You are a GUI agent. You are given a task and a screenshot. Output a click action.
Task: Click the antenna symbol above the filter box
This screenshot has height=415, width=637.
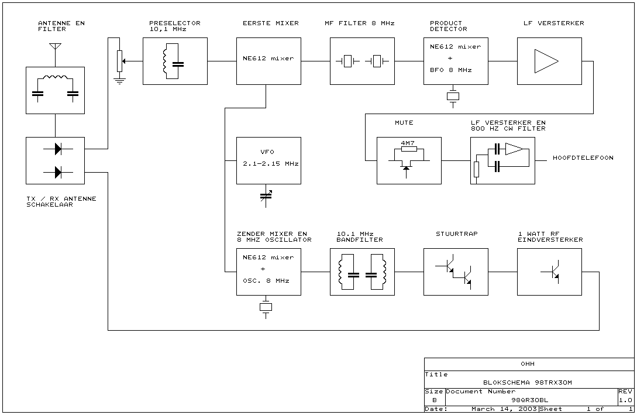(x=55, y=46)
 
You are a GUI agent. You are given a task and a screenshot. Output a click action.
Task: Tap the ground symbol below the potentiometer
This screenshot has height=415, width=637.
(x=119, y=80)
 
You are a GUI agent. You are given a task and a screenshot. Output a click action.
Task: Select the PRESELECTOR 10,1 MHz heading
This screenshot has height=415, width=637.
(x=174, y=26)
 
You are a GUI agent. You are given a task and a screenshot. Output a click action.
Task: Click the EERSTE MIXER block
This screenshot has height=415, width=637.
(x=268, y=61)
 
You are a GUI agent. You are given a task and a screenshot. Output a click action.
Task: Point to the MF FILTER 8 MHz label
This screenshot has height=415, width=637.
(x=359, y=23)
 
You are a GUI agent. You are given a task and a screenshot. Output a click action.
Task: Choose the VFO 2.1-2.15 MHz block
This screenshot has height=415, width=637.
(x=268, y=160)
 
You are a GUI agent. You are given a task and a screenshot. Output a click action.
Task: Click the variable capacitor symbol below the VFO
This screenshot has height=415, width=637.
(x=266, y=196)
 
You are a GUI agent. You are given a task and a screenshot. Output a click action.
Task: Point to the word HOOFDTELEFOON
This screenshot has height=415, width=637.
(x=583, y=158)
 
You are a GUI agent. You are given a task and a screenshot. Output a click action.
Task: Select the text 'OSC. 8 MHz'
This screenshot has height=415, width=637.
(x=266, y=280)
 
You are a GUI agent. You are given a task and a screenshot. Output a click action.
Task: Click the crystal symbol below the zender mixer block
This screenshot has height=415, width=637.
(x=266, y=307)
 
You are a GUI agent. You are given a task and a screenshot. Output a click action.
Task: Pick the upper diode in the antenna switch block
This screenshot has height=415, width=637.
(x=57, y=149)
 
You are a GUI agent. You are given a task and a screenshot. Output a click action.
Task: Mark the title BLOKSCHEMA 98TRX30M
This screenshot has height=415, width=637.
(x=523, y=382)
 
